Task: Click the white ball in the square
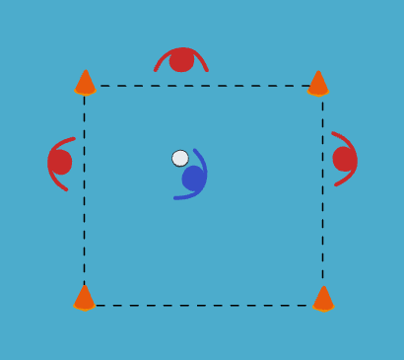click(x=180, y=158)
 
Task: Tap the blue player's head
click(x=193, y=179)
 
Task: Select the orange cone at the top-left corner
click(x=85, y=83)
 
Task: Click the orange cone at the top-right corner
click(x=317, y=84)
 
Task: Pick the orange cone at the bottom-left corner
click(x=85, y=298)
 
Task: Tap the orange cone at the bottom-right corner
click(x=323, y=298)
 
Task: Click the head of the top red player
click(x=181, y=61)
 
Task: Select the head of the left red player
click(x=61, y=162)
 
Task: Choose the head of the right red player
click(x=343, y=159)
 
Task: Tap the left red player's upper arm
click(x=59, y=144)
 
